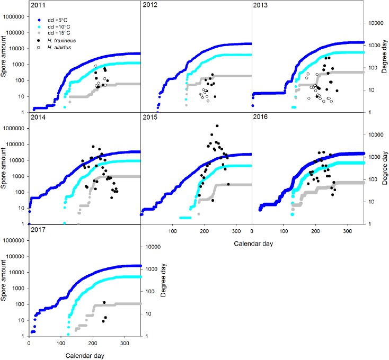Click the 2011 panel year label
click(38, 6)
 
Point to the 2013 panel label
click(262, 6)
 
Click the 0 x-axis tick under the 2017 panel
click(29, 344)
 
